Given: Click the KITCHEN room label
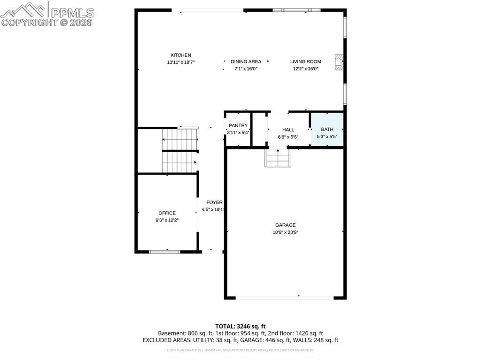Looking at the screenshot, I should [x=180, y=55].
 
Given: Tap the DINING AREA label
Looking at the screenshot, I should [x=246, y=61].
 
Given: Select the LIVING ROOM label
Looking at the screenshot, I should [x=305, y=61].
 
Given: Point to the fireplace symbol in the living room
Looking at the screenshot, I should [x=339, y=62].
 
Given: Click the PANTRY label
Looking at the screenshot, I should [x=238, y=126].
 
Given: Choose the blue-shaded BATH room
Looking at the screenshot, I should [x=327, y=130].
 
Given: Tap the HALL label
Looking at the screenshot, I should [x=288, y=130].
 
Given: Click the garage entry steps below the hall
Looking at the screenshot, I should [x=278, y=158].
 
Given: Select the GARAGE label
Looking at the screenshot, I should [x=285, y=225].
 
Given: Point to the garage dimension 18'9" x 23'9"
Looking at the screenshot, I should [x=285, y=232].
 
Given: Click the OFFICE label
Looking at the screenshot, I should [x=167, y=213].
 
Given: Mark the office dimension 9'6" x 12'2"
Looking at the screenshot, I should [x=167, y=220].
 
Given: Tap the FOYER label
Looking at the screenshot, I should [x=214, y=203].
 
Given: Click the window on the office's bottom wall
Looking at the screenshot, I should [x=164, y=252].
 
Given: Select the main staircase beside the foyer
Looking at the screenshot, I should [x=180, y=151].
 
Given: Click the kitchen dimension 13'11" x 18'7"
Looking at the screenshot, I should [x=180, y=62].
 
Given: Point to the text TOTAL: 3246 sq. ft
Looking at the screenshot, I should [x=240, y=326].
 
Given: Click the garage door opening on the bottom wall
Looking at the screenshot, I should [x=284, y=298].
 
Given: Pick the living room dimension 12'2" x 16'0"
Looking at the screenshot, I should [x=305, y=69].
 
